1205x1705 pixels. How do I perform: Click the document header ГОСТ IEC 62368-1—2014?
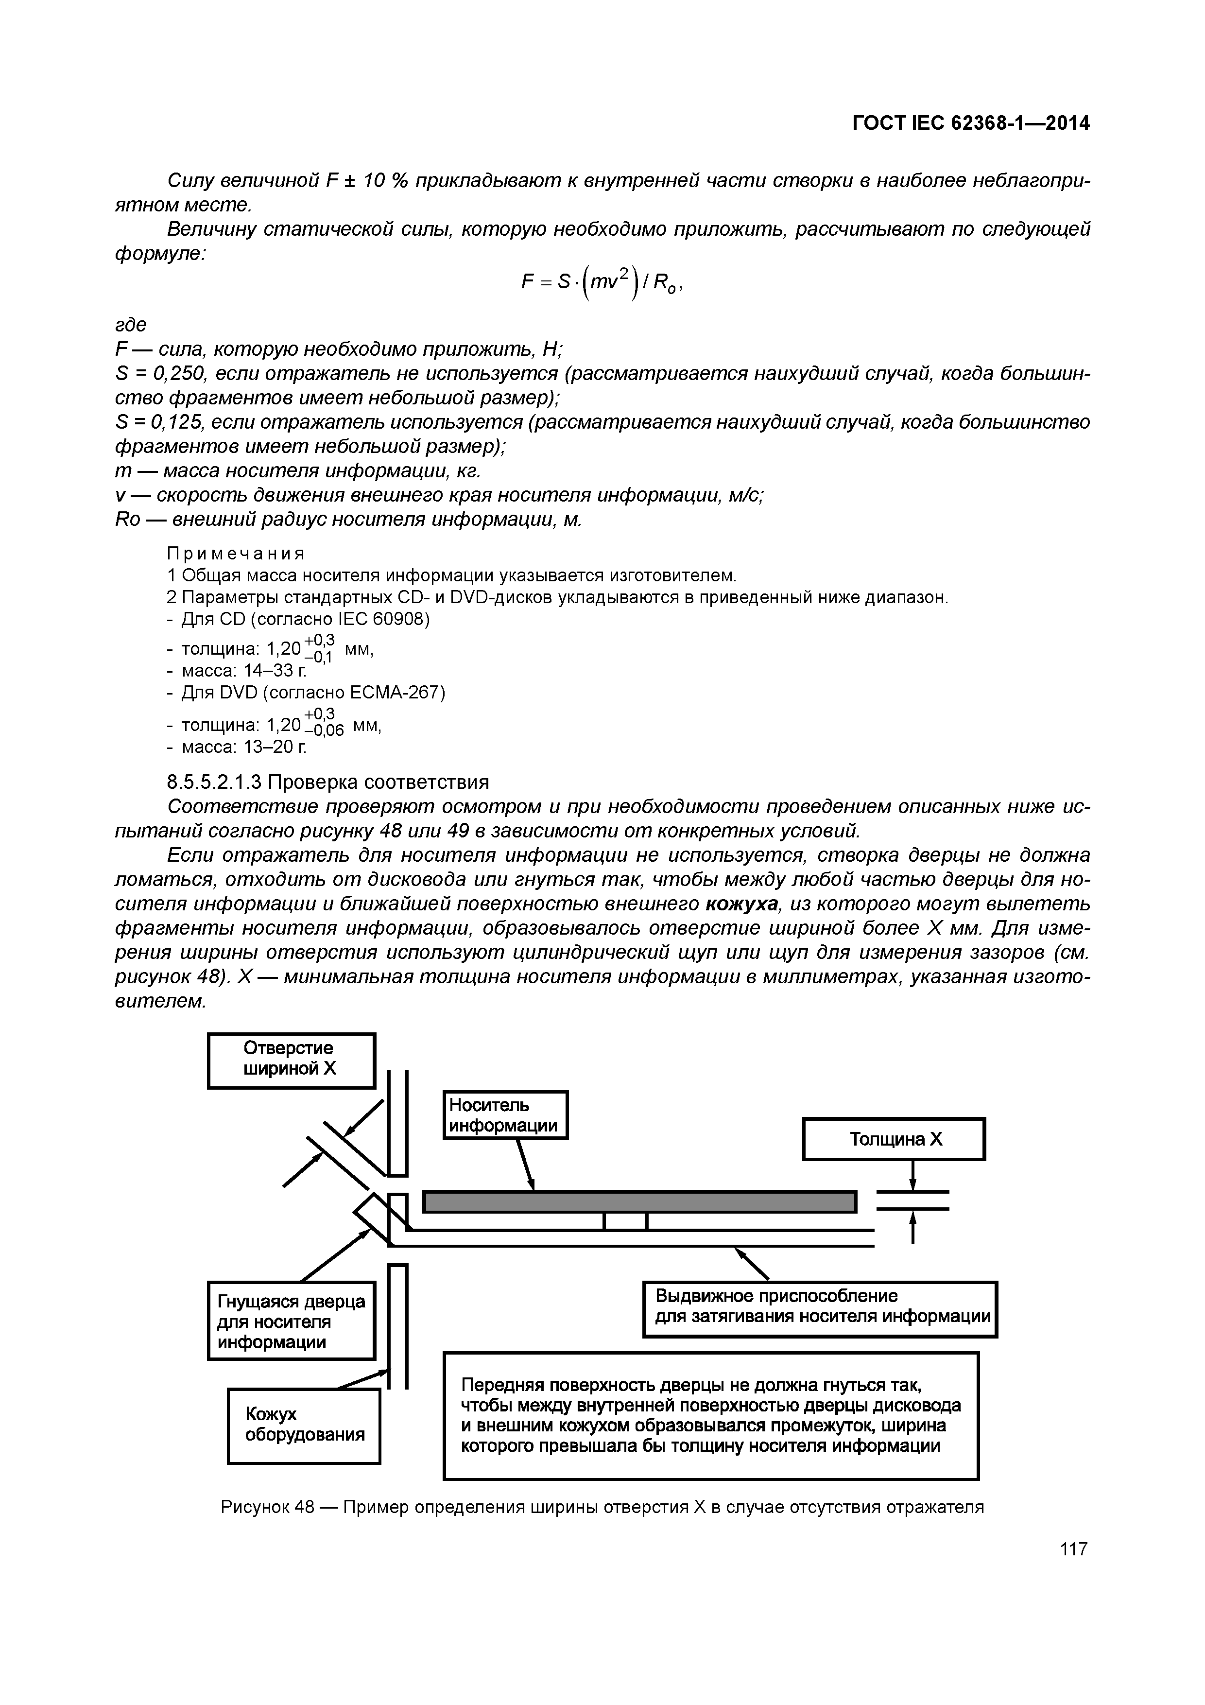(970, 123)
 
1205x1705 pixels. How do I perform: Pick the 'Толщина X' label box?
(894, 1139)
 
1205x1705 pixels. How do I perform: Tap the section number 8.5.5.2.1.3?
(214, 782)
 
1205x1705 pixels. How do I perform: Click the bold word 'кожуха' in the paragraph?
(742, 904)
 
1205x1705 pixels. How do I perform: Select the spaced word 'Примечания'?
(236, 554)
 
